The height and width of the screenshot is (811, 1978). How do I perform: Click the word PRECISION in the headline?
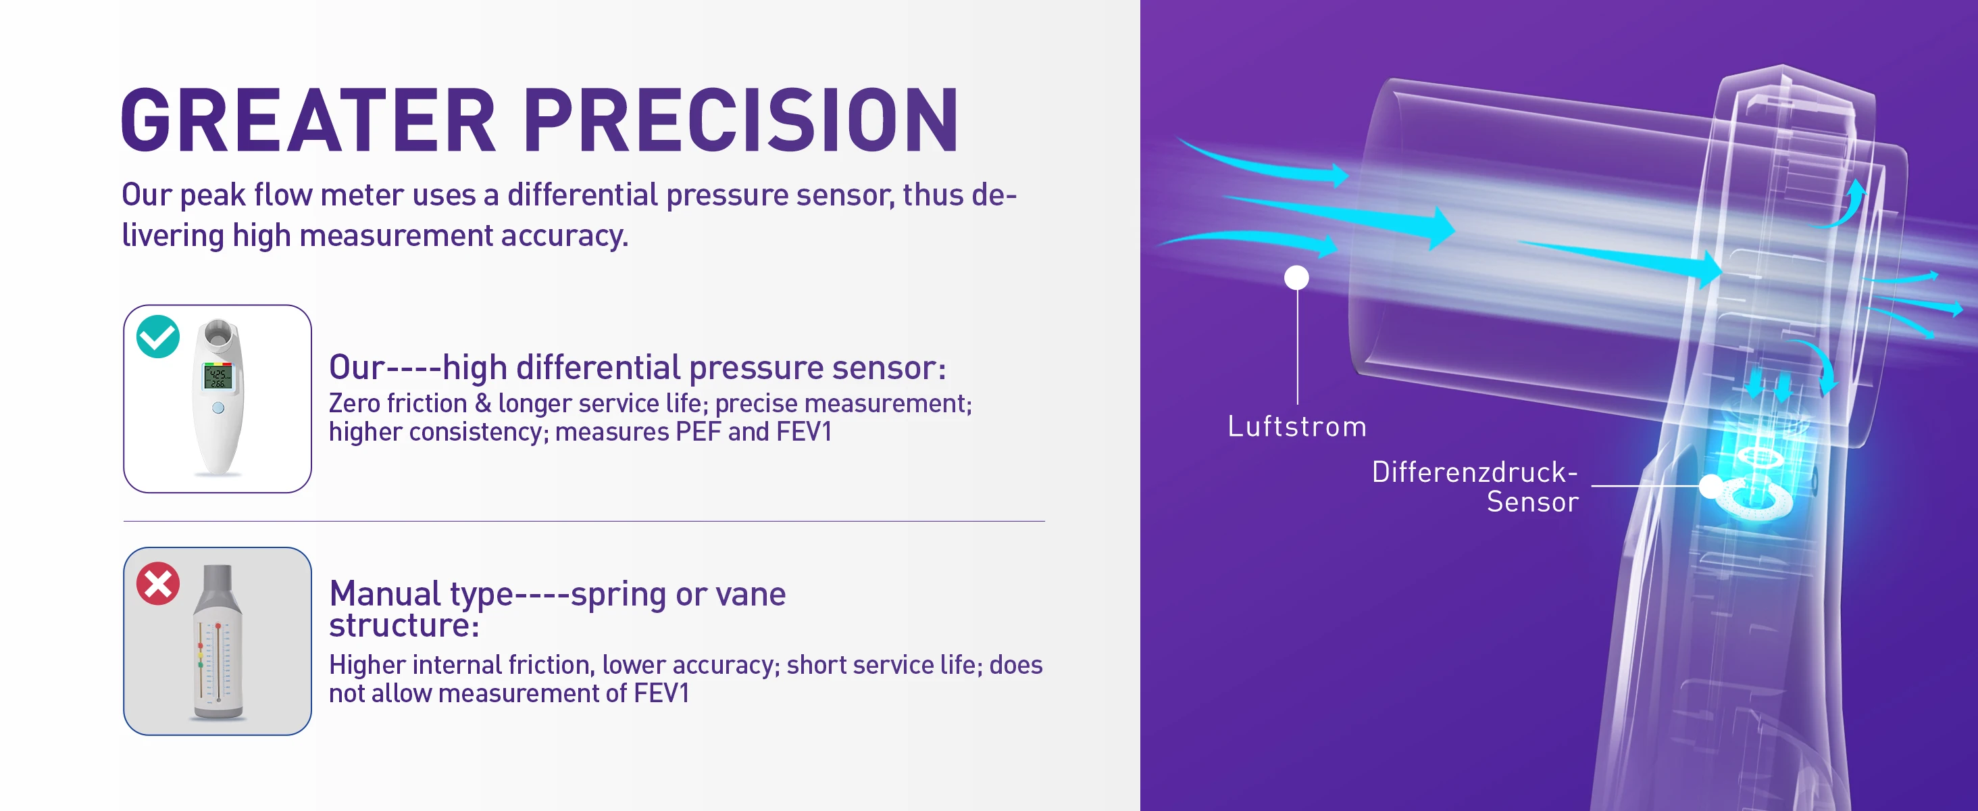pyautogui.click(x=741, y=120)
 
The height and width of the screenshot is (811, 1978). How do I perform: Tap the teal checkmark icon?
pyautogui.click(x=158, y=337)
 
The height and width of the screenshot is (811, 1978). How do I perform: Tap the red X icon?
pyautogui.click(x=158, y=584)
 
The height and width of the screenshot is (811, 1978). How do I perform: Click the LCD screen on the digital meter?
pyautogui.click(x=218, y=376)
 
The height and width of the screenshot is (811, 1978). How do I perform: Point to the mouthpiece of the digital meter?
pyautogui.click(x=219, y=333)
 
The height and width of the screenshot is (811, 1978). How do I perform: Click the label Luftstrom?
pyautogui.click(x=1297, y=426)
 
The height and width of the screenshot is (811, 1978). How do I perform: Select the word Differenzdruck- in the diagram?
pyautogui.click(x=1474, y=472)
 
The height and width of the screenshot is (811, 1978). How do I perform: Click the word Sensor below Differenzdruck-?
pyautogui.click(x=1533, y=501)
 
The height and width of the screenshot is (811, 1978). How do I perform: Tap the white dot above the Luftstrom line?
pyautogui.click(x=1297, y=277)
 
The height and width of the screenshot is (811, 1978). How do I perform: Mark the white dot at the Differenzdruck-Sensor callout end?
pyautogui.click(x=1710, y=486)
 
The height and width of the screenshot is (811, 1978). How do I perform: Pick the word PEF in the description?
pyautogui.click(x=699, y=432)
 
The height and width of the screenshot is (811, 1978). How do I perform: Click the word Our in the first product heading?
pyautogui.click(x=357, y=367)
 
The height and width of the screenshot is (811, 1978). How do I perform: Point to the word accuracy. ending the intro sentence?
pyautogui.click(x=564, y=236)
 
